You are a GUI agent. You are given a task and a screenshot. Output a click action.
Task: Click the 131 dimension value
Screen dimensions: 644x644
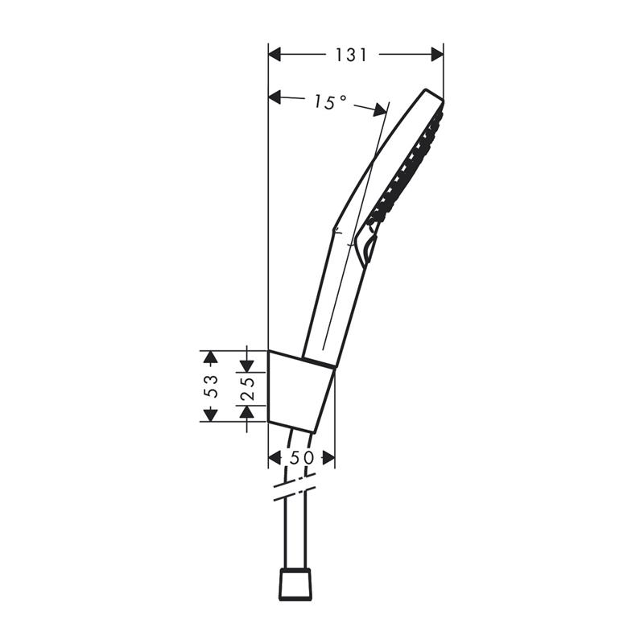point(351,55)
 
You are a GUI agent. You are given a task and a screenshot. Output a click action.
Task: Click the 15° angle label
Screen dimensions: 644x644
point(330,102)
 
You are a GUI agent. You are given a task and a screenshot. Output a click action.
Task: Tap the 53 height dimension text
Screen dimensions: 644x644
point(211,386)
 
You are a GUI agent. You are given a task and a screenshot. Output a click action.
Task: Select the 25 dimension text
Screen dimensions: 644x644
point(247,389)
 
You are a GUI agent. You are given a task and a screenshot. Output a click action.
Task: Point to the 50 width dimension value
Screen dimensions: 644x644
point(301,457)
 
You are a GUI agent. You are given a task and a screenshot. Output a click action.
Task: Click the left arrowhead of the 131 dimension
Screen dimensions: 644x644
point(275,54)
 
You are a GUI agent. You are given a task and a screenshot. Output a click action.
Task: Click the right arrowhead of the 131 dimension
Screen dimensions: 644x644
point(437,54)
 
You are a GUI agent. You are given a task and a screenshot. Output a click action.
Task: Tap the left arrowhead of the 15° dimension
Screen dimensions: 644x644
point(275,97)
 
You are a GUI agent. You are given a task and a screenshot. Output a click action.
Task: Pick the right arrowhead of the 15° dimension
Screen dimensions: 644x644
point(379,109)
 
